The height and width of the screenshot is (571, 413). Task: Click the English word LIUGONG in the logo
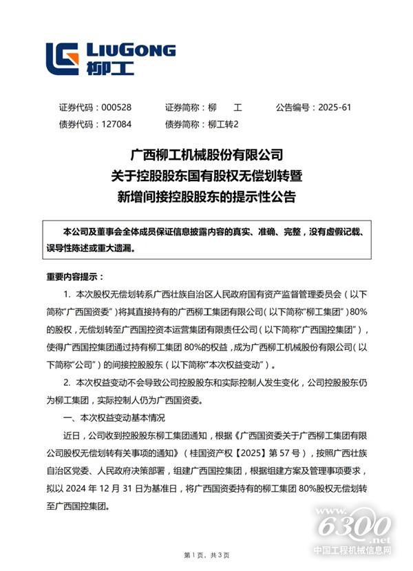131,50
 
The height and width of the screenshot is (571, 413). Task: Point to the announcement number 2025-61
335,107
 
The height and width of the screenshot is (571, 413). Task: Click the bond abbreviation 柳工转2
222,125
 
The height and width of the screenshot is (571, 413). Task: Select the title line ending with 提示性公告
206,197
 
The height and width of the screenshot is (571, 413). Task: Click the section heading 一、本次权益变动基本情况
114,417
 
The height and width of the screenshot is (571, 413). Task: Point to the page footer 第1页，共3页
206,555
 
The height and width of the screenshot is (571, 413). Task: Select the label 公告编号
294,107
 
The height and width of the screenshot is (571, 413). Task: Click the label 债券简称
184,125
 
